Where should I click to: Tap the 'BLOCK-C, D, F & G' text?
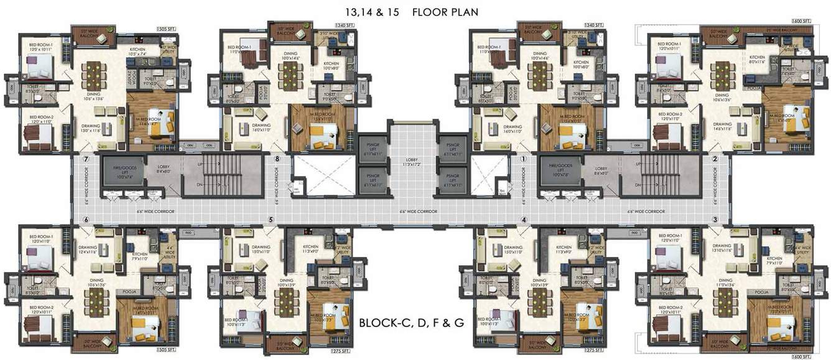click(411, 323)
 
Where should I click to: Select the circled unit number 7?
click(86, 159)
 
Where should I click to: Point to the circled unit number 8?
click(277, 159)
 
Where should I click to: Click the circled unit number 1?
click(523, 159)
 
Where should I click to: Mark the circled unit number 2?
click(715, 159)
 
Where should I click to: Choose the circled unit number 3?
click(715, 219)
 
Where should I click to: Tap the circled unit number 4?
click(524, 219)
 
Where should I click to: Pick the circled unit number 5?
click(271, 219)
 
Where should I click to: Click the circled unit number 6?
click(86, 219)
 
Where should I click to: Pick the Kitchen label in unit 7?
click(137, 51)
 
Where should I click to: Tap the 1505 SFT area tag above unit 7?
click(167, 28)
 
